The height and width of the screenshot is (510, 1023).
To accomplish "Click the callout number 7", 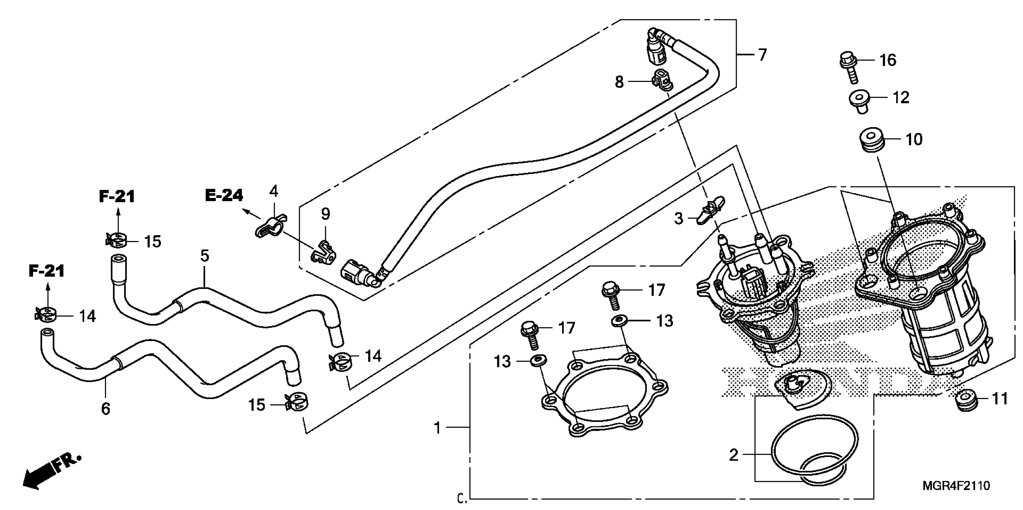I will (762, 55).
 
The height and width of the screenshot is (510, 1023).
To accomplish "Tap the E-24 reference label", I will (224, 195).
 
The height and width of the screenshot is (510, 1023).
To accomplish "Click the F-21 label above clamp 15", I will (117, 196).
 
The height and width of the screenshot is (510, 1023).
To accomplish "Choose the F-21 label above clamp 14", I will (47, 271).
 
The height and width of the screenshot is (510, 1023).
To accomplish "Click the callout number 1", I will (437, 428).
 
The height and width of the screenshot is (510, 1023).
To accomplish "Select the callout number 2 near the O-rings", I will (733, 455).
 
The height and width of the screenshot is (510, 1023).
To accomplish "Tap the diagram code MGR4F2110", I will (955, 485).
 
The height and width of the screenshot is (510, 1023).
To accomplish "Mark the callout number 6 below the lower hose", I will (105, 408).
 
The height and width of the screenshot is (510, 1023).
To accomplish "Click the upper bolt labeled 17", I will (611, 293).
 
